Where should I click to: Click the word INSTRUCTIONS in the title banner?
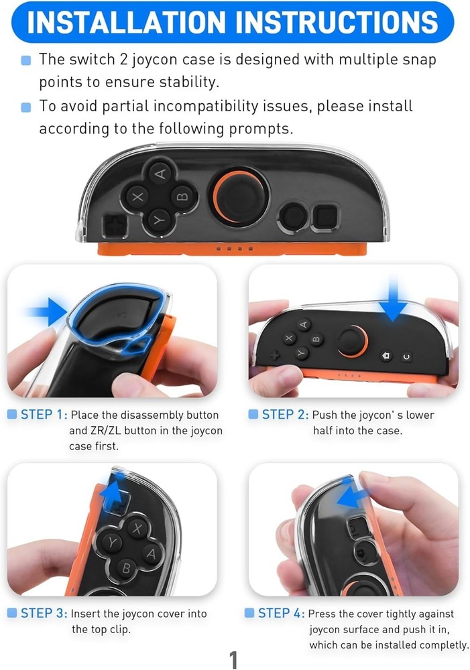tap(336, 22)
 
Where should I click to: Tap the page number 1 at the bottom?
tap(233, 659)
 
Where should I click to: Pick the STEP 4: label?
tap(282, 613)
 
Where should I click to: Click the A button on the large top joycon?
tap(160, 174)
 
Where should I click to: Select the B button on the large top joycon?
tap(182, 197)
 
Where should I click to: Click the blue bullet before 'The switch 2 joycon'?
tap(26, 60)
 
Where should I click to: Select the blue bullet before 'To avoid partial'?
tap(26, 107)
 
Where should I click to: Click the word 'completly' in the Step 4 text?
tap(439, 645)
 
